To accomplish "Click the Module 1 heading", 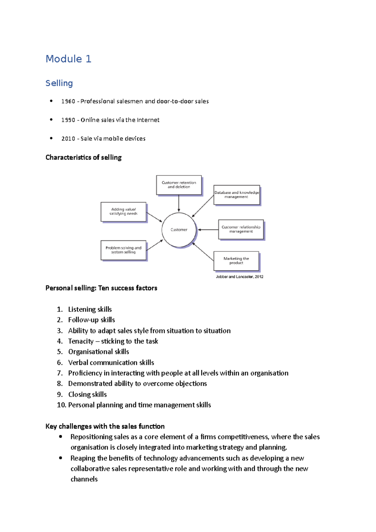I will coord(68,59).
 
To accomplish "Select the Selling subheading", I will coord(59,83).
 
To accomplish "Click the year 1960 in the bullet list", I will coord(68,101).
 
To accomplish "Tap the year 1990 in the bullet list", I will coord(68,120).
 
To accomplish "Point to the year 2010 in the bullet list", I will coord(68,138).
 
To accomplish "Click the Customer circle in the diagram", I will coord(179,230).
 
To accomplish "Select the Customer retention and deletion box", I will coord(179,185).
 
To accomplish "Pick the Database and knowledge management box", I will coord(237,195).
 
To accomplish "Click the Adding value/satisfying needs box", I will coord(123,212).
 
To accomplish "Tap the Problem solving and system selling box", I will coord(123,250).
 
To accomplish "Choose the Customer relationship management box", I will coord(241,229).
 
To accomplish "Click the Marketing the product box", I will coord(236,261).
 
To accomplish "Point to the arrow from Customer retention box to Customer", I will coord(179,203).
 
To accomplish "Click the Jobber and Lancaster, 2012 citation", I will coord(239,277).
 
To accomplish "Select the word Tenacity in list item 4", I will coord(81,341).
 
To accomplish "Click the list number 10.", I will coord(61,405).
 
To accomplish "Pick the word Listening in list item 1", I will coord(81,309).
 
